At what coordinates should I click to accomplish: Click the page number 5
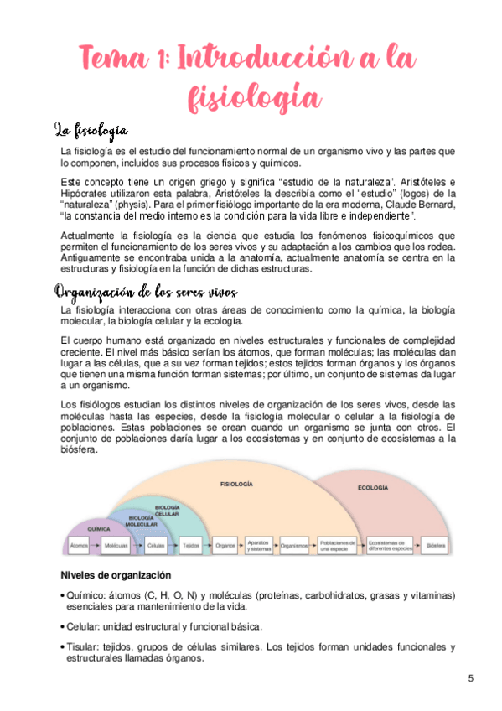(x=471, y=677)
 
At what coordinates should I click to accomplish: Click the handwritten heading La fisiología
(x=91, y=130)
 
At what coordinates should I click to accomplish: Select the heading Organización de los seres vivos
(x=146, y=291)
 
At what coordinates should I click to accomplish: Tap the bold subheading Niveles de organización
(x=116, y=575)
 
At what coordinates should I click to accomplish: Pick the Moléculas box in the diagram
(x=115, y=545)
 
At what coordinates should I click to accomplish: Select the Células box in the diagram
(x=155, y=545)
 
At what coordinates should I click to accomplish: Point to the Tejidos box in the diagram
(x=190, y=545)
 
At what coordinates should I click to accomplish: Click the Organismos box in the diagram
(x=294, y=545)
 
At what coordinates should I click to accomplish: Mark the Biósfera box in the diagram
(x=436, y=545)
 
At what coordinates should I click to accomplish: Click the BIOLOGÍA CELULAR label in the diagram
(x=167, y=511)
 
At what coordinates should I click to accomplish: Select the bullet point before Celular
(x=64, y=626)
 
